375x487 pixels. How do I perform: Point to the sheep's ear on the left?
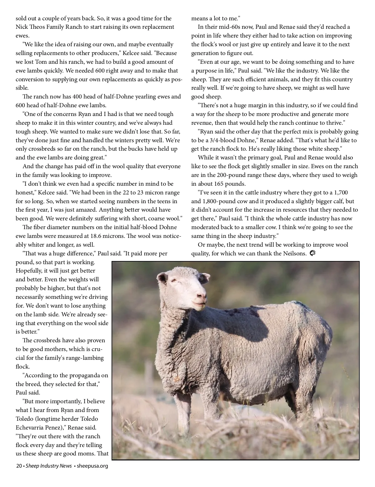click(x=162, y=277)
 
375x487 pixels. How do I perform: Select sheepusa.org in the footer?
click(x=92, y=466)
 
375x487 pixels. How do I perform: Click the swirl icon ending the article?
click(x=312, y=253)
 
